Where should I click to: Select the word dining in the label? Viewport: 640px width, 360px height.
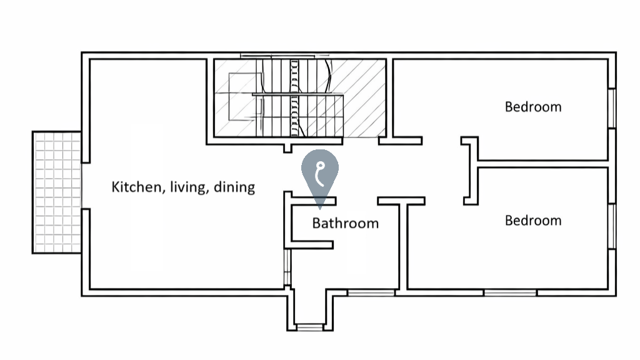[x=234, y=187]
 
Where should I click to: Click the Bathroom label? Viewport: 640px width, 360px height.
[x=345, y=223]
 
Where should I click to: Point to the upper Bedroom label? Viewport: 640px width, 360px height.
[x=533, y=107]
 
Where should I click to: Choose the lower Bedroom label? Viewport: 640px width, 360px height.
[x=533, y=221]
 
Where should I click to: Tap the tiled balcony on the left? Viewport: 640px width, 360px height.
[x=57, y=192]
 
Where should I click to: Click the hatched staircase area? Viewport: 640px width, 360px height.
[x=300, y=98]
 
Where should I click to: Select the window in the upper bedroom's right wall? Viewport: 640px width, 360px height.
[x=612, y=108]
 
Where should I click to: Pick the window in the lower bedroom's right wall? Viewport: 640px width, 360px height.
[x=612, y=226]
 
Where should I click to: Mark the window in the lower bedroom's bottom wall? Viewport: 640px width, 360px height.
[x=510, y=292]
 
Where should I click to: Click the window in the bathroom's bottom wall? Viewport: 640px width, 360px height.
[x=371, y=292]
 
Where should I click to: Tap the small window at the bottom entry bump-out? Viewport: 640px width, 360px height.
[x=309, y=327]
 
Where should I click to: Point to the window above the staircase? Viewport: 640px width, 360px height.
[x=285, y=56]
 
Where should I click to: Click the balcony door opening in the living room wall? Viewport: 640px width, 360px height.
[x=86, y=186]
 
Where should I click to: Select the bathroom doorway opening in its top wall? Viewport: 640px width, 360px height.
[x=357, y=201]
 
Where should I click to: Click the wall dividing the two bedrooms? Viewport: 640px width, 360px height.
[x=543, y=164]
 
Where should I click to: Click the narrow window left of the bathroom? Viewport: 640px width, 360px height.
[x=287, y=267]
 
